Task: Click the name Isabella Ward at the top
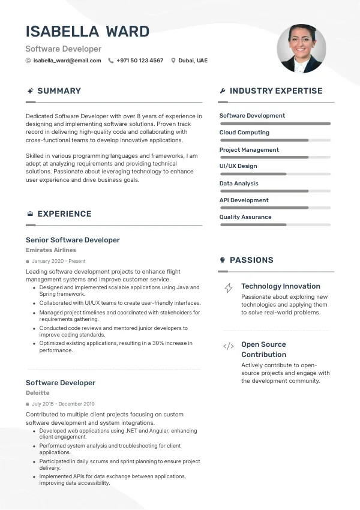point(88,31)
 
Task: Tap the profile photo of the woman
point(301,49)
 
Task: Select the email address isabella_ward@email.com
point(67,61)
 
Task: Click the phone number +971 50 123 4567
point(140,61)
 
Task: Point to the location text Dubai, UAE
point(193,61)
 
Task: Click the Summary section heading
point(59,91)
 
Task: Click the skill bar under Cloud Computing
point(275,140)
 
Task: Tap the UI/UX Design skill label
point(238,166)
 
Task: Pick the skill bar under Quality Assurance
point(275,225)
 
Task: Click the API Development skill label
point(244,200)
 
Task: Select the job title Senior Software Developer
point(73,240)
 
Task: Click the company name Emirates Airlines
point(51,250)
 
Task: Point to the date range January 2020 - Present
point(59,262)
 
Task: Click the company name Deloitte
point(38,393)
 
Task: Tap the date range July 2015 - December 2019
point(63,404)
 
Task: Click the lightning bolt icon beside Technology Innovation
point(229,288)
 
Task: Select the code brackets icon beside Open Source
point(229,346)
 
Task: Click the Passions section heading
point(251,260)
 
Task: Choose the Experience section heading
point(64,214)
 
